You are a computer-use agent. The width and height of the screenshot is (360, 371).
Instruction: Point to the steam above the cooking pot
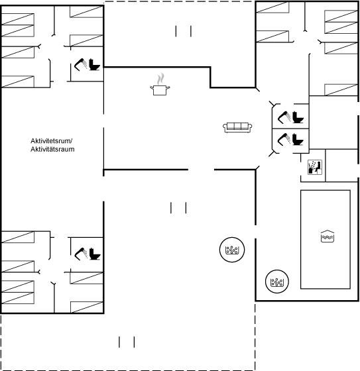click(160, 79)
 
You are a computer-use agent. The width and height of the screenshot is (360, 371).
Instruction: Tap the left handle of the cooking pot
click(152, 88)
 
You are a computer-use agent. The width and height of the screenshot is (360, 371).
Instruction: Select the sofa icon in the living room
click(237, 127)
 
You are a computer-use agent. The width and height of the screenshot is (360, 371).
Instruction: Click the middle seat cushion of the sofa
click(237, 126)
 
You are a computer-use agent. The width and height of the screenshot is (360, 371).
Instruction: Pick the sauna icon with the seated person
click(315, 167)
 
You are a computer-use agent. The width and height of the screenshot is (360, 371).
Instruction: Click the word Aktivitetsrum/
click(52, 140)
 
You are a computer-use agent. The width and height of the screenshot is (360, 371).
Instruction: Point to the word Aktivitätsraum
click(52, 149)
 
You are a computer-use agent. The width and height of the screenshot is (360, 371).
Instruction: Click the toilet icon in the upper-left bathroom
click(95, 65)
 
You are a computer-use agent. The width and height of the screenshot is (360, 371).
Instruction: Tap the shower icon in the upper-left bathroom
click(80, 65)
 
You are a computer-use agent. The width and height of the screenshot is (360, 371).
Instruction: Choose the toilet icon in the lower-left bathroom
click(95, 254)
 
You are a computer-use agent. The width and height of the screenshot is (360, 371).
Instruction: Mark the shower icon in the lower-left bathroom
click(81, 254)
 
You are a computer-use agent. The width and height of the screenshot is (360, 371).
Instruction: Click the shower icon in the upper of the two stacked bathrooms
click(284, 117)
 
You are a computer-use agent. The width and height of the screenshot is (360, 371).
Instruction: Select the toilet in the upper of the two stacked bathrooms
click(298, 117)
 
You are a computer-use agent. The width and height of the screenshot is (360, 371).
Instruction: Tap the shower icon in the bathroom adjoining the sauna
click(284, 139)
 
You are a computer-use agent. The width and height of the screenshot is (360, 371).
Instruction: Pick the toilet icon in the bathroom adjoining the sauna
click(298, 140)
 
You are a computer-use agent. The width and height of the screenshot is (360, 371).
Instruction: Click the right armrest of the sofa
click(250, 127)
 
